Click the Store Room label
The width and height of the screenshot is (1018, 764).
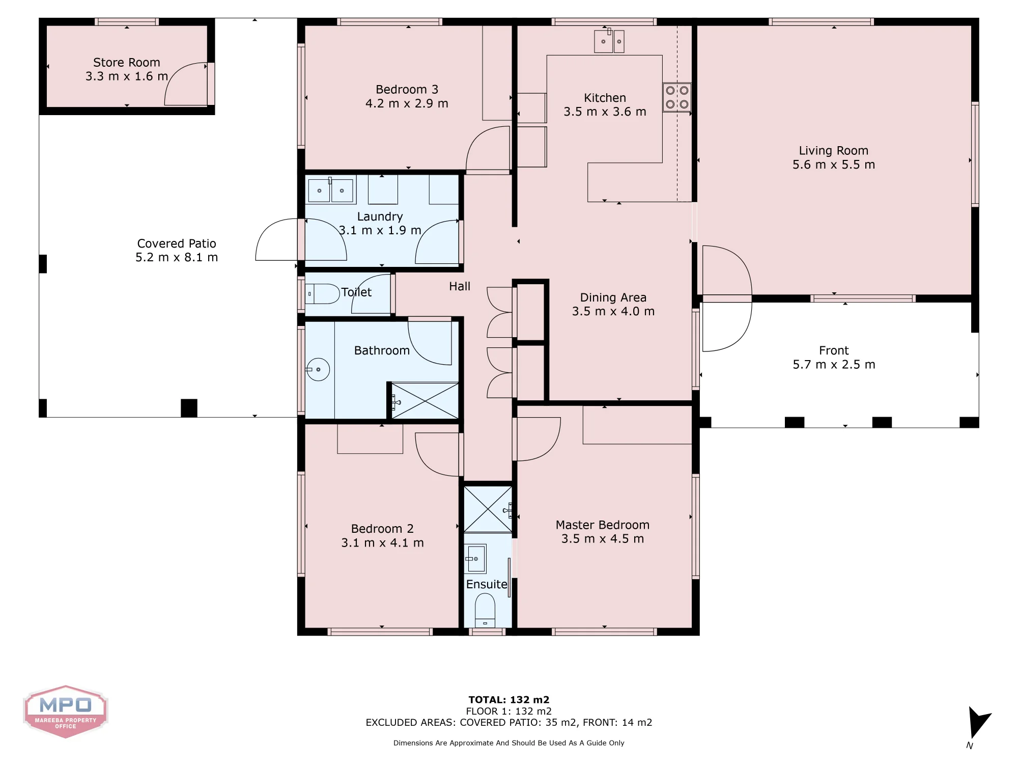pos(127,63)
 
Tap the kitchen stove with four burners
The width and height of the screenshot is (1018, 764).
pos(677,97)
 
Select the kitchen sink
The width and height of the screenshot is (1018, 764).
pos(609,41)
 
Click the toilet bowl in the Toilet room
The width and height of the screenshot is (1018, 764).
pos(322,294)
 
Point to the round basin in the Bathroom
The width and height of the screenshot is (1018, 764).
pos(318,369)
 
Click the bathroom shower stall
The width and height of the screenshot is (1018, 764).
pos(425,401)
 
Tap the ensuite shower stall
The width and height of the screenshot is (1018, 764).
pos(488,509)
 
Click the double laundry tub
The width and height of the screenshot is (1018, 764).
pos(331,190)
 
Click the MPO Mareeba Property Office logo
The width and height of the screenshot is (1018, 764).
pos(66,712)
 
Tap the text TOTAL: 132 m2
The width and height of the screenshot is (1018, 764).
pos(509,700)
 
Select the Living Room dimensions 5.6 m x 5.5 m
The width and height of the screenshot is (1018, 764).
pos(834,165)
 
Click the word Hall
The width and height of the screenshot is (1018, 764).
pos(460,286)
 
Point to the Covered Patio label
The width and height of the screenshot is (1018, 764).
pos(177,243)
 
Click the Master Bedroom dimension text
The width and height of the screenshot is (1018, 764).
pos(603,539)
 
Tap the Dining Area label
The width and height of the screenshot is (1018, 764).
pos(613,297)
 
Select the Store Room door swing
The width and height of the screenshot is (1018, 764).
pos(186,84)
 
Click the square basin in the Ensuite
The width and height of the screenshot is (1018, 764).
pos(475,559)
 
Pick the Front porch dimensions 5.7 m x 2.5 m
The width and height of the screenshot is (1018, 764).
pos(834,365)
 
